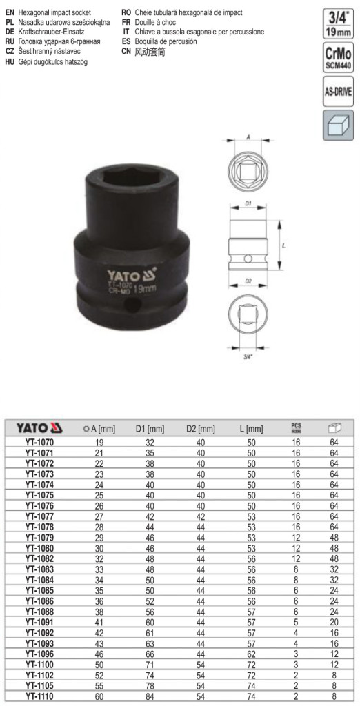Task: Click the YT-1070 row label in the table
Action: [40, 443]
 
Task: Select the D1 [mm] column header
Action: [150, 429]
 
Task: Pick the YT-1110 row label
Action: [40, 696]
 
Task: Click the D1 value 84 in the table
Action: [150, 696]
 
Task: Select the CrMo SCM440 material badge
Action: [338, 57]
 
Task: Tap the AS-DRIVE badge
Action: [338, 91]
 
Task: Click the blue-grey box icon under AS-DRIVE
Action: [338, 125]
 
